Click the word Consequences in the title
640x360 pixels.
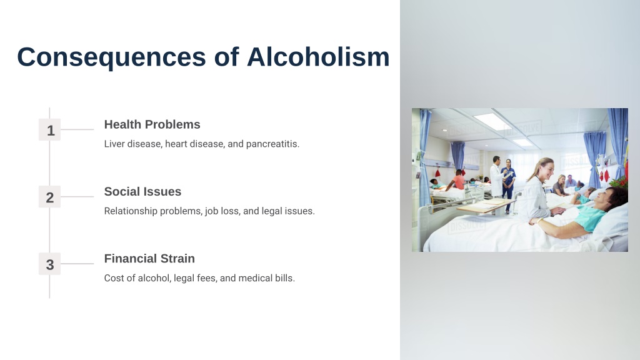111,57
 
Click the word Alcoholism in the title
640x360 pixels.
318,56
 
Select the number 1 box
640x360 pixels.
50,130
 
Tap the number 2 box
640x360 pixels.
50,197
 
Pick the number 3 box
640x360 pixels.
50,264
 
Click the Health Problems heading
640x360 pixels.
152,124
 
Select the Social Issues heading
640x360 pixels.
142,191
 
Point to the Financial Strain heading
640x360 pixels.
149,258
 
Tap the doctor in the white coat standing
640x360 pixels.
496,176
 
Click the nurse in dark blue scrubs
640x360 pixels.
509,184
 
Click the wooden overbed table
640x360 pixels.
486,206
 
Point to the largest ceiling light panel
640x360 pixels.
492,122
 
